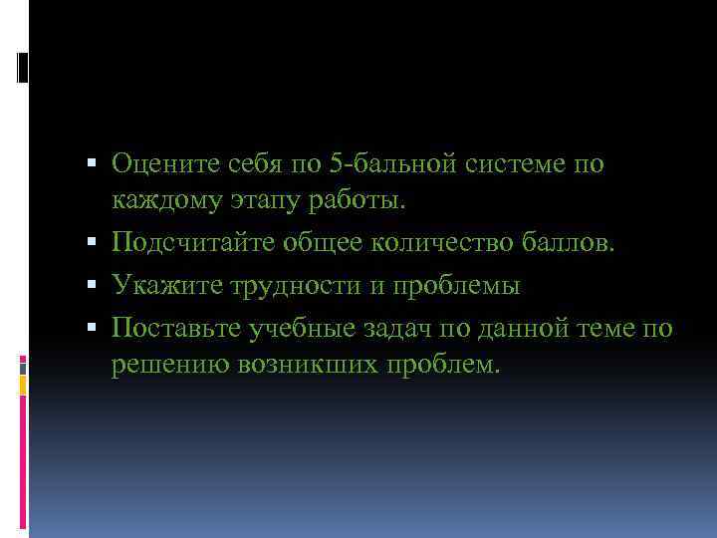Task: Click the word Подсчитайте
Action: [x=192, y=242]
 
